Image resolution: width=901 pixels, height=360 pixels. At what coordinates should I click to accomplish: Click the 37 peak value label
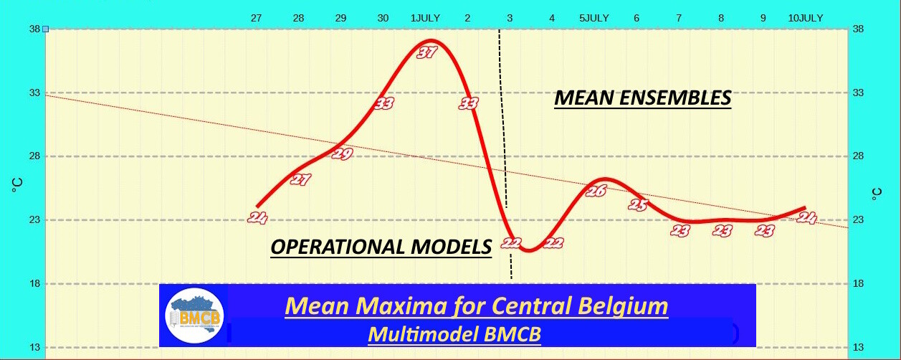click(426, 52)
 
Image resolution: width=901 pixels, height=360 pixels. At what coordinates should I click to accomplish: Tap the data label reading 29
click(343, 153)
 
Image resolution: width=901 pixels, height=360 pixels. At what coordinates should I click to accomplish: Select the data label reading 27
click(300, 179)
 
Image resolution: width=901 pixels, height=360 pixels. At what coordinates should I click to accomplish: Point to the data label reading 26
click(596, 191)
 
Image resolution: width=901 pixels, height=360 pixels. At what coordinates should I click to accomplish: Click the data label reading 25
click(638, 204)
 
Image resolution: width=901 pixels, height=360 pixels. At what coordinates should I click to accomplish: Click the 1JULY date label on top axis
click(425, 18)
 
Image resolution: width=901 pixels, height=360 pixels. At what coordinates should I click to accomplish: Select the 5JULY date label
click(594, 18)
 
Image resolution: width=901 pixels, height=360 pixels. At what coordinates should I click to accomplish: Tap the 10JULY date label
click(806, 18)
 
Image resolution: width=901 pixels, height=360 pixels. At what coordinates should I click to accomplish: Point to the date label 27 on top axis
click(256, 18)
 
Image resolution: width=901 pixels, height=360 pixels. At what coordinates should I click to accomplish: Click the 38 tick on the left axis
click(34, 29)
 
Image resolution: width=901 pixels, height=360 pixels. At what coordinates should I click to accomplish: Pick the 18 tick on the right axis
click(858, 283)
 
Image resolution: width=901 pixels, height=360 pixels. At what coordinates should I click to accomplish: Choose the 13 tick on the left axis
click(34, 347)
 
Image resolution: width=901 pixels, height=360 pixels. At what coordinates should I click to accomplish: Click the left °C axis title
click(17, 185)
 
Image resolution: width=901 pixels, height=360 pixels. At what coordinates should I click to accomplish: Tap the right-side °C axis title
click(877, 194)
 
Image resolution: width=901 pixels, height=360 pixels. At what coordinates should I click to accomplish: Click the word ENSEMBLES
click(675, 98)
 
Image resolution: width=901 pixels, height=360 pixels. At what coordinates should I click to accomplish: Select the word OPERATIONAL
click(338, 247)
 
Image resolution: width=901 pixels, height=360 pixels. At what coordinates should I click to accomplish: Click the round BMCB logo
click(195, 316)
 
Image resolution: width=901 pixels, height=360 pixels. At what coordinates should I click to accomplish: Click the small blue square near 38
click(45, 29)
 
